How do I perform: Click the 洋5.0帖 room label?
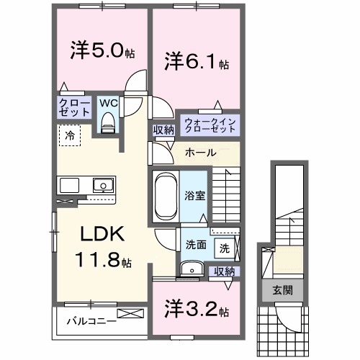click(x=101, y=52)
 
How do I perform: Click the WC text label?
click(x=108, y=103)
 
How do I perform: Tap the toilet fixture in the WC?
click(x=109, y=125)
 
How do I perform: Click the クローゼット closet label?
click(x=74, y=109)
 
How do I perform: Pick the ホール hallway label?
click(x=198, y=153)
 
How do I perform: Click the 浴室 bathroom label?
click(x=194, y=194)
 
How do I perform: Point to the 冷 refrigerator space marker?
click(x=70, y=134)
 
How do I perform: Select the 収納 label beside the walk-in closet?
click(x=163, y=130)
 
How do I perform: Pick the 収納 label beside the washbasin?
click(x=224, y=271)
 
